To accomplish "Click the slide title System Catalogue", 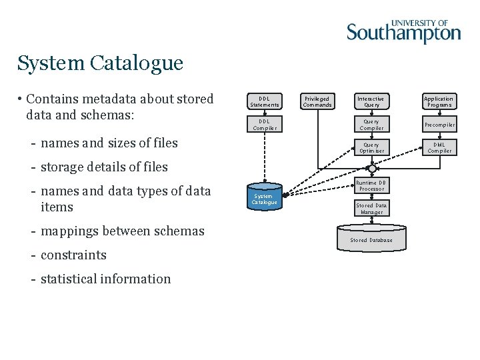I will tap(100, 63).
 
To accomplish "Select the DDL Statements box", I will tap(265, 101).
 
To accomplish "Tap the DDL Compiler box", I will tap(265, 125).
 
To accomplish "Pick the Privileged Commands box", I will tap(317, 101).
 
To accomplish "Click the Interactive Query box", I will tap(371, 101).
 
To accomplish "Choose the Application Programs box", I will tap(439, 101).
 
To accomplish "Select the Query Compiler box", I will tap(371, 125).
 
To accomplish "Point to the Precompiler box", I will tap(439, 125).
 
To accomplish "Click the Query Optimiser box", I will tap(371, 147).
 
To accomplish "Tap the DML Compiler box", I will tap(439, 147).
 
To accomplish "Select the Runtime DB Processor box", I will tap(371, 186).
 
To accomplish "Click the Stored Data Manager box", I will tap(371, 209).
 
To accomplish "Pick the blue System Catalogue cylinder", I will tap(265, 197).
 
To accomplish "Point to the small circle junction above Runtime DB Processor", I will tap(371, 169).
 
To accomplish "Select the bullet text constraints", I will tap(73, 255).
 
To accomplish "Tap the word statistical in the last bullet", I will tap(70, 279).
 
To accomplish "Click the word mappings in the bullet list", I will tap(69, 231).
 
